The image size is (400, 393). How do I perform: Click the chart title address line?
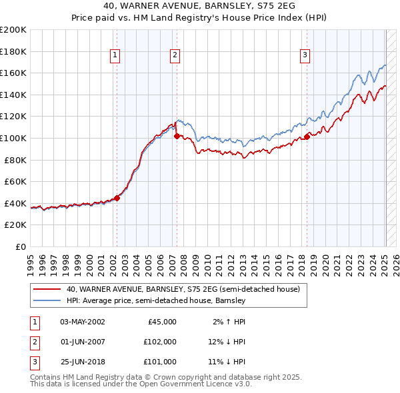click(x=199, y=5)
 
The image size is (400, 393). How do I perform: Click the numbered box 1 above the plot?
click(x=115, y=55)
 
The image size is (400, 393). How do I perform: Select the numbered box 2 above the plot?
click(x=175, y=55)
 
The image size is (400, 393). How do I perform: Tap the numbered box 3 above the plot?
click(x=305, y=55)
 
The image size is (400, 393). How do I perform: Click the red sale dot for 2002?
click(x=117, y=197)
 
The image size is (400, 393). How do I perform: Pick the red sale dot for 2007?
click(x=177, y=136)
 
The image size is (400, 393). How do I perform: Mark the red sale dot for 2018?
click(x=307, y=137)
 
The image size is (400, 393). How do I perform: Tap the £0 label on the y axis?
click(x=21, y=246)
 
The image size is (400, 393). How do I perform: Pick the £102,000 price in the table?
click(x=160, y=342)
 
